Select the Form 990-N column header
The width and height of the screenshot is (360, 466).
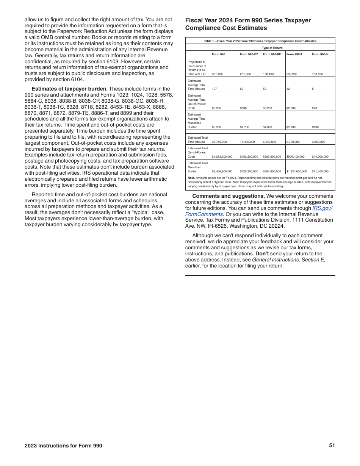320,55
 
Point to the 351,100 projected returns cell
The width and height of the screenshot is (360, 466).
217,74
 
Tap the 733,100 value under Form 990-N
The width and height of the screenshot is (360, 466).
317,74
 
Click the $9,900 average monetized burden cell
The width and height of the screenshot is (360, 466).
216,127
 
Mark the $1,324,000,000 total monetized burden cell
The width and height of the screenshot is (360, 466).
297,171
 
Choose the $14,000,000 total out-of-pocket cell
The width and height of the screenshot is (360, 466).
320,156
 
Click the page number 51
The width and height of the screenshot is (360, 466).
332,446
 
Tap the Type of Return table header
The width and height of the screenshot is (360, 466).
272,48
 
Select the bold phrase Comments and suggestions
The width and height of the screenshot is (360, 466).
229,196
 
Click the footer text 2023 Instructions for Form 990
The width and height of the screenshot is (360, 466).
63,446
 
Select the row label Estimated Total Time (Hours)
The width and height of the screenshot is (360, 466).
197,140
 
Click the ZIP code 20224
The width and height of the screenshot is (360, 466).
277,227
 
